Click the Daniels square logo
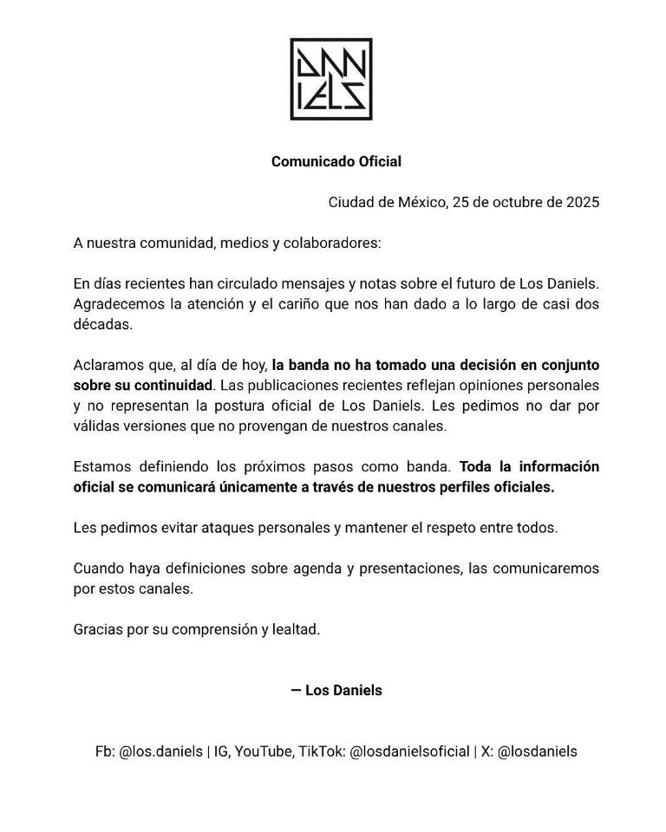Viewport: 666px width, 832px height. coord(331,79)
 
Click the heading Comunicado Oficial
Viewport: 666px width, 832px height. coord(336,161)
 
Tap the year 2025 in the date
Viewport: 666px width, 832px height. coord(583,202)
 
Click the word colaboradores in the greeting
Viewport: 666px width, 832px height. coord(326,243)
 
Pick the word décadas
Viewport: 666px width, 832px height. coord(102,324)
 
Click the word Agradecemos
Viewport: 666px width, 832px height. coord(115,304)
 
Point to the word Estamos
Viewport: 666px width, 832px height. coord(102,466)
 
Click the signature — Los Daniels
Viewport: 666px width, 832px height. coord(336,691)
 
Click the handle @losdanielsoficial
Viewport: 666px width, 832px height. coord(409,751)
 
